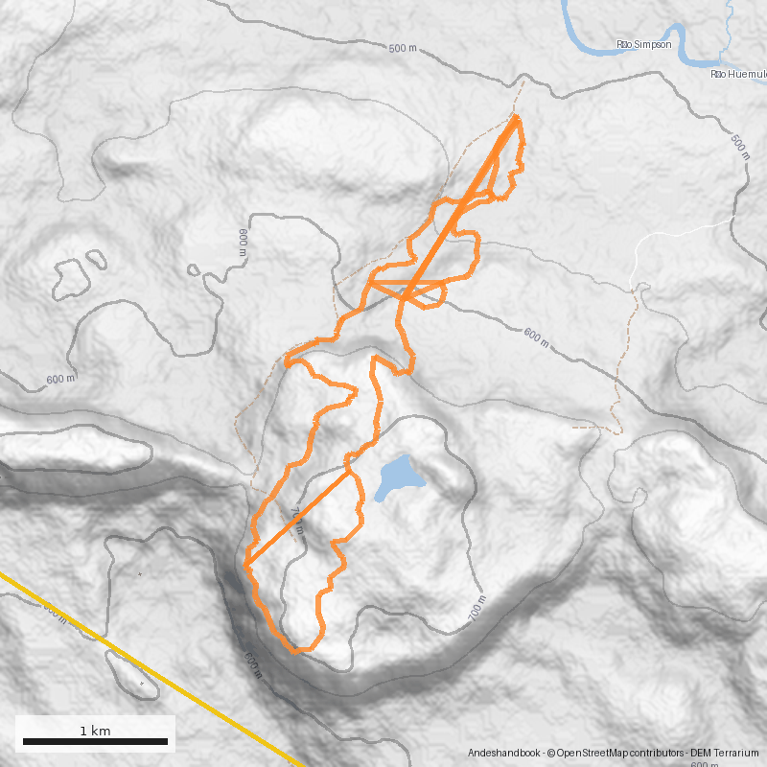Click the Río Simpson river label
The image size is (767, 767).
coord(637,45)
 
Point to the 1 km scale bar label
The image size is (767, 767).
coord(95,731)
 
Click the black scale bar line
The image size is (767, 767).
coord(95,741)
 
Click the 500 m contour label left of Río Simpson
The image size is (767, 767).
coord(404,48)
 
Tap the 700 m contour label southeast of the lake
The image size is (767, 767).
coord(478,612)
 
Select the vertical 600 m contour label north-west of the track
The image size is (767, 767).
coord(243,242)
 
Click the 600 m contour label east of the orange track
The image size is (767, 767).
coord(538,337)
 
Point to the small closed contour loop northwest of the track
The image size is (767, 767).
coord(71,275)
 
